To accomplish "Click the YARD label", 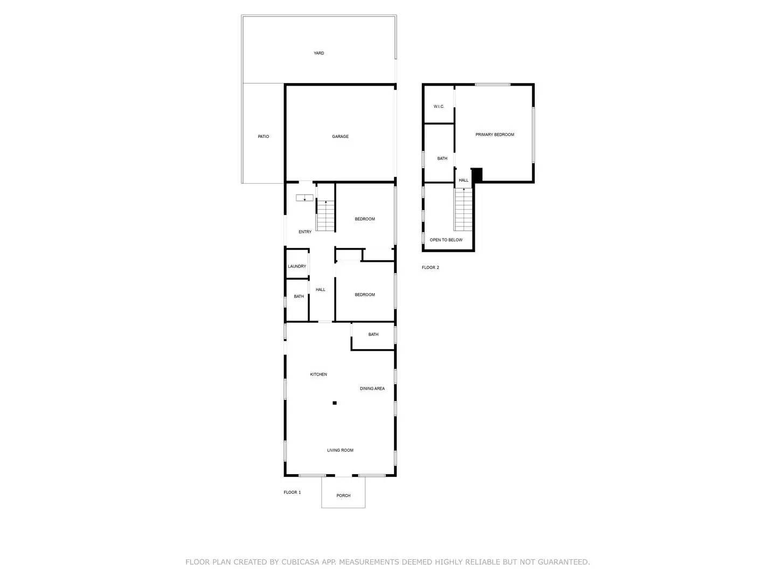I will click(x=319, y=53).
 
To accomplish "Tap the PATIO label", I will click(x=264, y=137).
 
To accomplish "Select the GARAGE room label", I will click(x=340, y=137).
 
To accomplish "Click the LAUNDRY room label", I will click(x=297, y=267).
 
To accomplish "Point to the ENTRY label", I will click(x=305, y=232).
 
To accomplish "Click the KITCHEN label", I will click(x=318, y=375).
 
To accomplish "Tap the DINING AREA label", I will click(x=372, y=389).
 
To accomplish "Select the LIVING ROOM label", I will click(x=340, y=451).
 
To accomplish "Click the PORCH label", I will click(x=343, y=496).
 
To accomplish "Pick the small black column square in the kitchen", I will click(x=335, y=403).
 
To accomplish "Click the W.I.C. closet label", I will click(x=439, y=107).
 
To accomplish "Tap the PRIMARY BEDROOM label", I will click(x=495, y=135).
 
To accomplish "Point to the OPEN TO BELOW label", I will click(x=446, y=240).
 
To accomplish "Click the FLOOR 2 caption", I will click(x=431, y=268).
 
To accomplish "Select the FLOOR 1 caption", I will click(x=293, y=493).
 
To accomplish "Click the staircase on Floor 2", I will click(x=463, y=210).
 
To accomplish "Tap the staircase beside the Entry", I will click(x=325, y=216).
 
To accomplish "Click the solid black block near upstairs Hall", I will click(x=477, y=175).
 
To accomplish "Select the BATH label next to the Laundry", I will click(x=299, y=297).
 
